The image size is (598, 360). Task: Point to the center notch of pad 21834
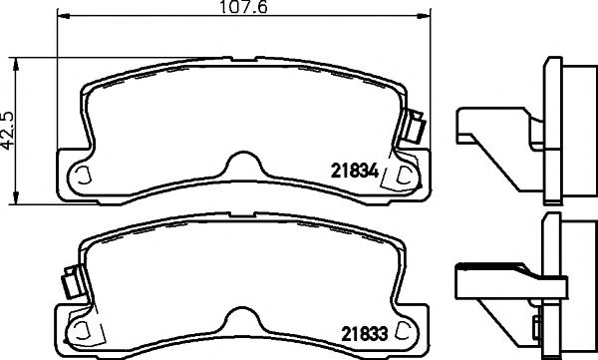240,166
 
